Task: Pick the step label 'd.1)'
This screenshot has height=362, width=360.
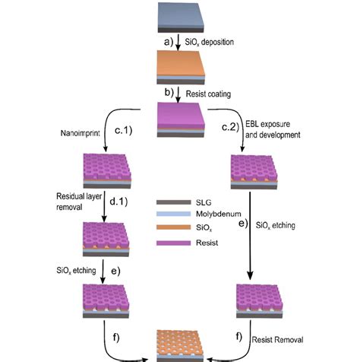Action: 131,200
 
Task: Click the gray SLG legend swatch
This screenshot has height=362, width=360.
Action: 169,202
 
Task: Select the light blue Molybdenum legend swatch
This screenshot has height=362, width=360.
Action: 169,214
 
